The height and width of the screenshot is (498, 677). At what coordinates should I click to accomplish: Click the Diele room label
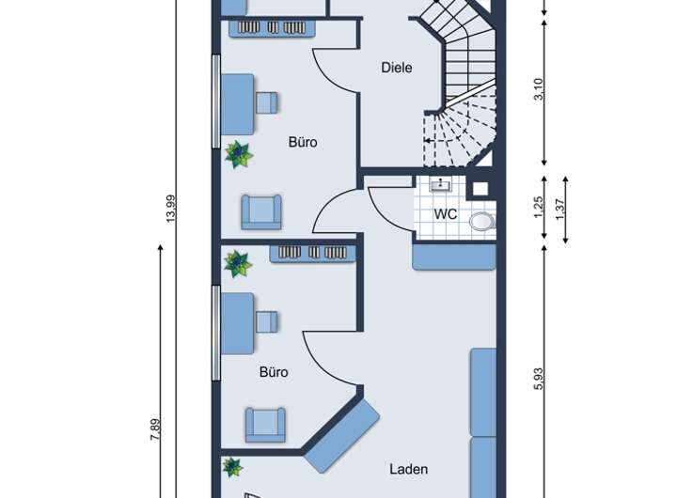click(397, 68)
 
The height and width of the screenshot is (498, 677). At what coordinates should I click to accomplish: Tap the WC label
click(445, 214)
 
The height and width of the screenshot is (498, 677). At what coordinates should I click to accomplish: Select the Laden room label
click(408, 469)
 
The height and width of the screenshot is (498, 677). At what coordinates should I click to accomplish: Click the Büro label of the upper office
click(303, 142)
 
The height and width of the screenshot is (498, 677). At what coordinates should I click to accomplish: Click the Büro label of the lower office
click(274, 372)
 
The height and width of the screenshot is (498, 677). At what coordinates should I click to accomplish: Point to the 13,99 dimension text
click(171, 209)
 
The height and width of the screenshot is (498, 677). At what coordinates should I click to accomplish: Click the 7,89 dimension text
click(155, 429)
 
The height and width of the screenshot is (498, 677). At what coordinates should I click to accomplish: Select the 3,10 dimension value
click(540, 89)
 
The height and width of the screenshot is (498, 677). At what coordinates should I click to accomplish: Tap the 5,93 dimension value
click(540, 379)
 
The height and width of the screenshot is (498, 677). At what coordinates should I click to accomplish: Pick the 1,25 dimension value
click(539, 208)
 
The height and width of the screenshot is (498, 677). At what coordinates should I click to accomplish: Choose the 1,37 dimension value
click(560, 209)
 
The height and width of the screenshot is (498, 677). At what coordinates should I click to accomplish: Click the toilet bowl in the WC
click(482, 222)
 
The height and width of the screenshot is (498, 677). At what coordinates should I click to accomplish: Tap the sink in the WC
click(440, 185)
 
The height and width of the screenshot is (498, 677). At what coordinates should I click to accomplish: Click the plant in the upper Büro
click(239, 154)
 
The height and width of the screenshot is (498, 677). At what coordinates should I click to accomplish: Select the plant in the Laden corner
click(232, 467)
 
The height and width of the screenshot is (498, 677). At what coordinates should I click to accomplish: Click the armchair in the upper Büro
click(261, 212)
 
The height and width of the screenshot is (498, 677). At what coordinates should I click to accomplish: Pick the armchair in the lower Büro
click(265, 425)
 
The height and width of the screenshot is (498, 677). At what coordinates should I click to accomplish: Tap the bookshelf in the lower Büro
click(312, 254)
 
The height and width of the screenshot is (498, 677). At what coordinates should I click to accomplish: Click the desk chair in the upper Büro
click(267, 102)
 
